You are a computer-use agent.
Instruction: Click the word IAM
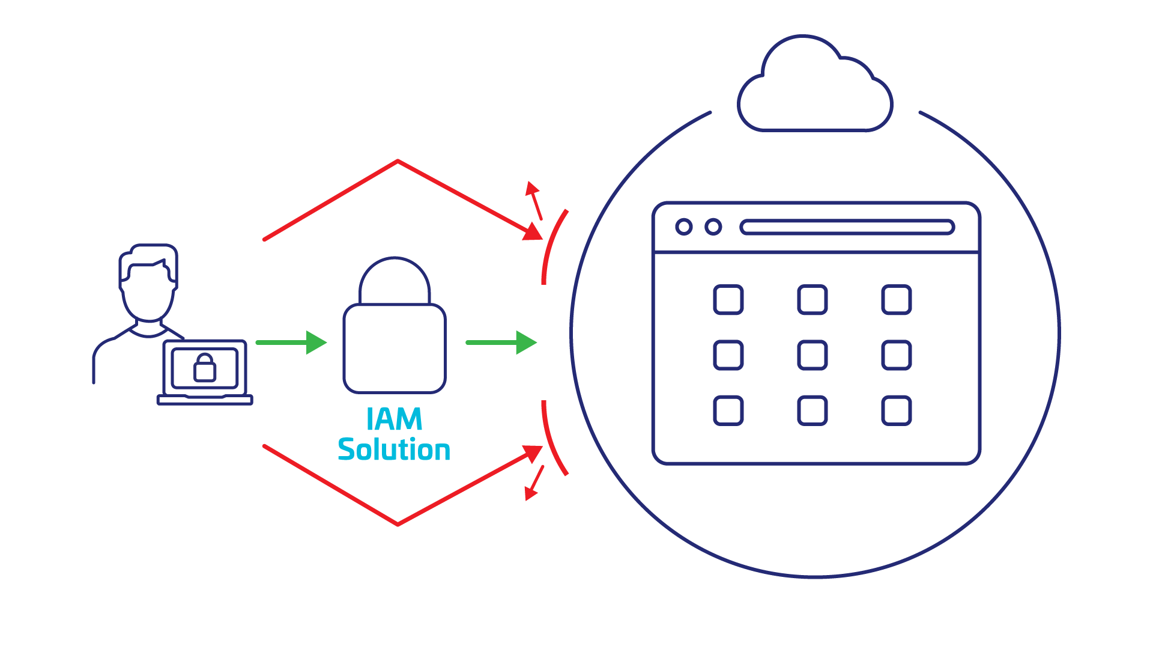coord(394,419)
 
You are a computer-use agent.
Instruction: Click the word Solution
coord(394,450)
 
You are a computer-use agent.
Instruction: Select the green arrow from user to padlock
coord(291,343)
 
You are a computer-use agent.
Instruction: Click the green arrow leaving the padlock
coord(501,343)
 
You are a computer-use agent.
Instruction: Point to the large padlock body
coord(394,349)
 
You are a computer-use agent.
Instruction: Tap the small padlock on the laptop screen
coord(205,368)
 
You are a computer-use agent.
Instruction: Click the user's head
coord(148,282)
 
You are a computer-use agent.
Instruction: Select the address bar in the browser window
coord(847,227)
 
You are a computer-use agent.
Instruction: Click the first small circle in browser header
coord(683,227)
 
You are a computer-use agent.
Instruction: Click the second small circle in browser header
coord(713,227)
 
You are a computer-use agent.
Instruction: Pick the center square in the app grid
coord(813,355)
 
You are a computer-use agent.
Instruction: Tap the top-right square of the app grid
coord(897,300)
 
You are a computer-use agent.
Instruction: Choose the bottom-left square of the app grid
coord(728,410)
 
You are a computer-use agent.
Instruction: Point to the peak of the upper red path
coord(398,161)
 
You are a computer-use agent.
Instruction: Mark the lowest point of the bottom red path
coord(398,525)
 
